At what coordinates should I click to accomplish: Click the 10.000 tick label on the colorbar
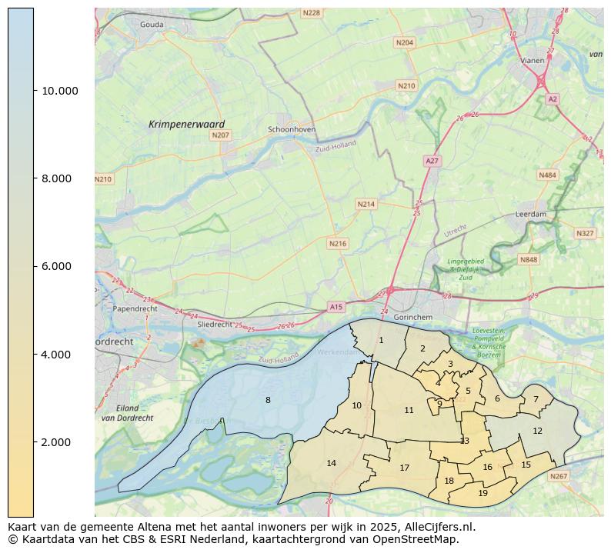tap(59, 91)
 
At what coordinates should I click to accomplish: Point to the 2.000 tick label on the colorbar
tap(56, 442)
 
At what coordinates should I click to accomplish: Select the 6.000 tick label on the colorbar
tap(56, 267)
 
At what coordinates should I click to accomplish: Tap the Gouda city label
tap(152, 25)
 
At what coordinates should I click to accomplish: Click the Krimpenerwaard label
tap(186, 124)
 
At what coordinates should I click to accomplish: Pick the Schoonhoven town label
tap(291, 130)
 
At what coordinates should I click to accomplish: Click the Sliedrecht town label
tap(215, 325)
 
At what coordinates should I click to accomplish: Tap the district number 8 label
tap(268, 400)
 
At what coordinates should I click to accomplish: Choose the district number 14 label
tap(332, 463)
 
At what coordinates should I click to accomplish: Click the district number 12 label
tap(537, 431)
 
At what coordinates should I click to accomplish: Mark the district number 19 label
tap(482, 493)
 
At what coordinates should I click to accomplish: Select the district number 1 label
tap(380, 340)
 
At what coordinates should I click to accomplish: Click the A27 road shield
tap(432, 161)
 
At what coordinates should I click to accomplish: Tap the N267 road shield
tap(558, 477)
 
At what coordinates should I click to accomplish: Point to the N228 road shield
tap(311, 13)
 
